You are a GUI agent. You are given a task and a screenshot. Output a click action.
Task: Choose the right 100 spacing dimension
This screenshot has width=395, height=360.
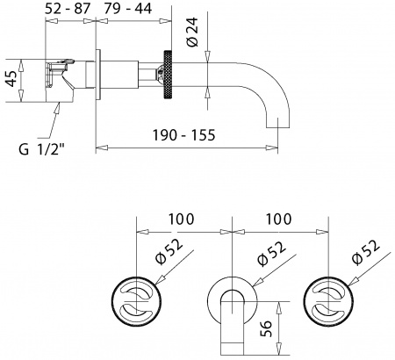(278, 215)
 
